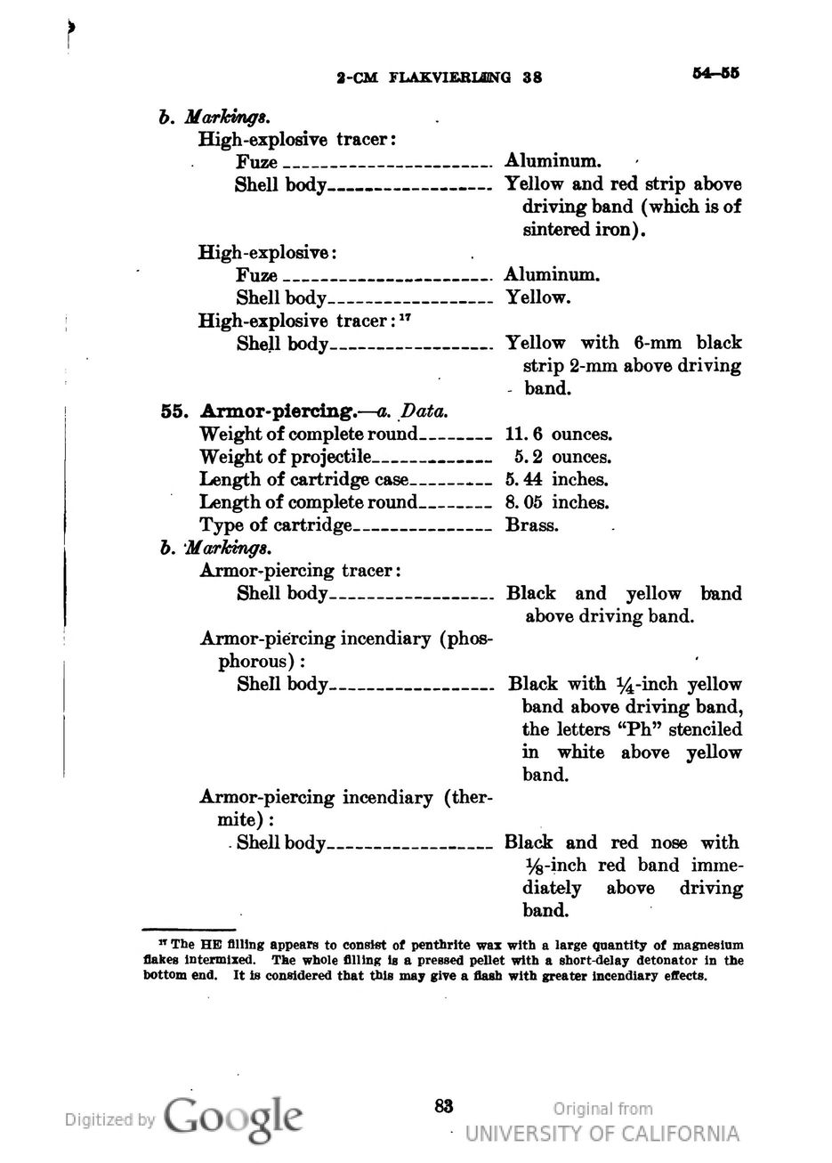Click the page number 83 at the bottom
444,1106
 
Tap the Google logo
234,1117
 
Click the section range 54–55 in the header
715,73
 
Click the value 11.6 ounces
558,435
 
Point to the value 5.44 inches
556,480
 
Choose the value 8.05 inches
556,502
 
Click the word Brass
531,525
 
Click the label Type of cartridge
276,525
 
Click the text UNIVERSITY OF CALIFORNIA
602,1134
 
